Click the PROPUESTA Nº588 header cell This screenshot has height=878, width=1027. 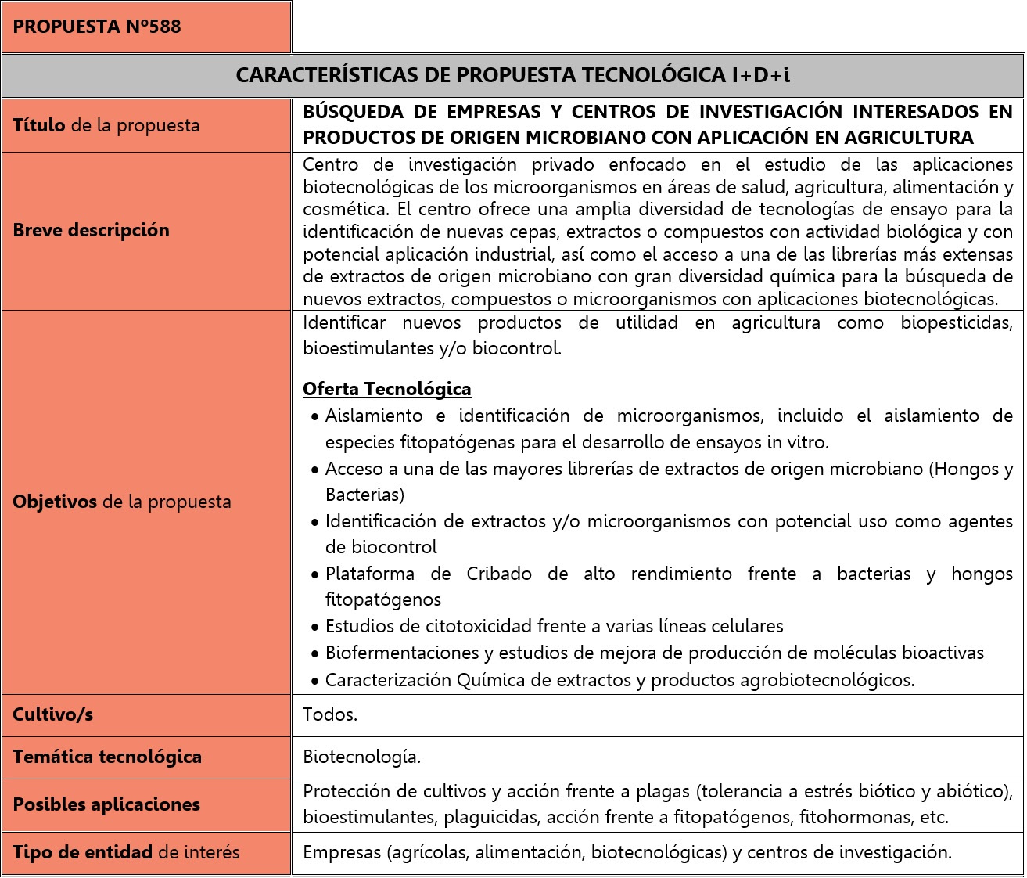click(x=97, y=27)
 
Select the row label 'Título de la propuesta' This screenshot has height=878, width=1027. click(x=106, y=125)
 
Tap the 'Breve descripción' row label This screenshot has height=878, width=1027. click(x=92, y=230)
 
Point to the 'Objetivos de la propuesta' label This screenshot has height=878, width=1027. click(x=122, y=502)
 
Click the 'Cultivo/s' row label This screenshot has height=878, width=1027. click(x=53, y=714)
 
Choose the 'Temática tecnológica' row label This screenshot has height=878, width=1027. click(x=107, y=757)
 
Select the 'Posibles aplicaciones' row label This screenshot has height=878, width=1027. click(x=106, y=804)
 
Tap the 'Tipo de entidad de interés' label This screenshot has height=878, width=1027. click(x=126, y=852)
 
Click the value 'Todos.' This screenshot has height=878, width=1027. click(x=330, y=714)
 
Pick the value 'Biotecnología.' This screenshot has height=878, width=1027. click(x=361, y=757)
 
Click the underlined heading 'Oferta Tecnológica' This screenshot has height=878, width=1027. click(x=387, y=389)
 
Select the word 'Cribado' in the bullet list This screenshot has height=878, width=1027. click(x=499, y=574)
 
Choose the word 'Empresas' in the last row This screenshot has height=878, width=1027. click(x=340, y=852)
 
